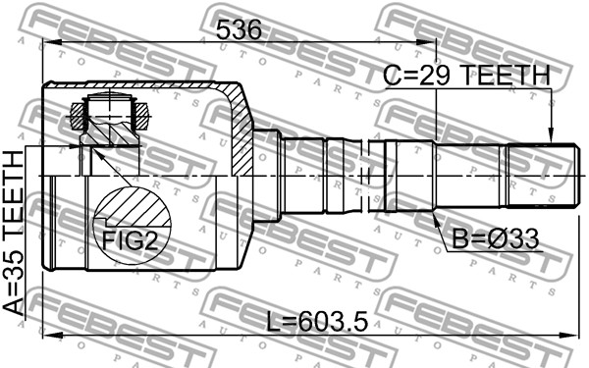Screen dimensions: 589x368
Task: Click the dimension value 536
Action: (239, 29)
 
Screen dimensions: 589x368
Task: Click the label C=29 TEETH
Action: (466, 75)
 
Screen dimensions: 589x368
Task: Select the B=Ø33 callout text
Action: (495, 239)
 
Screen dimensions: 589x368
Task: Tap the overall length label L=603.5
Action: (317, 322)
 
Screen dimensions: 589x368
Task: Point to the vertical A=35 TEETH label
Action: (14, 232)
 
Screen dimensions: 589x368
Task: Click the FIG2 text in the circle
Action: (130, 240)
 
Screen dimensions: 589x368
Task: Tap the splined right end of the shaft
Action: (542, 176)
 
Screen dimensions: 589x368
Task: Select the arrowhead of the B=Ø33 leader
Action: (437, 221)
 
